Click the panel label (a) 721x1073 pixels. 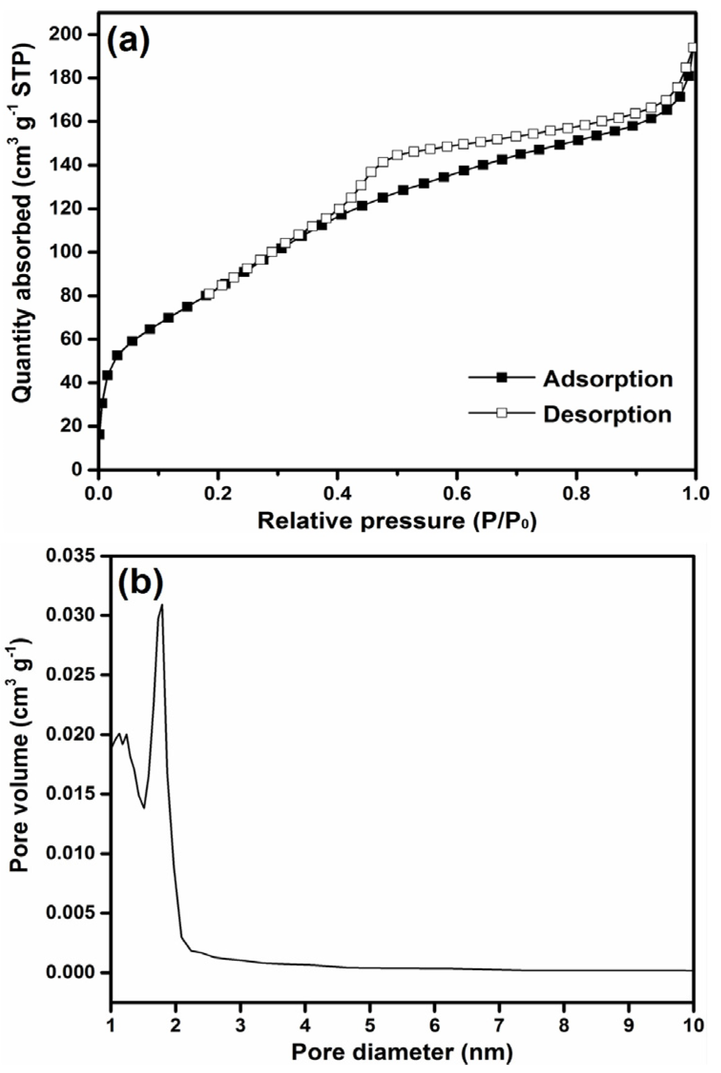[x=128, y=41]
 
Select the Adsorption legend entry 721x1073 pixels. [x=608, y=379]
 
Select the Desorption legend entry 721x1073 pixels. [x=607, y=414]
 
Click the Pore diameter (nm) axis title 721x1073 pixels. [x=402, y=1052]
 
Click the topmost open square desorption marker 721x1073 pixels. [x=692, y=48]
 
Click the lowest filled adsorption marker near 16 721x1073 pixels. [x=99, y=435]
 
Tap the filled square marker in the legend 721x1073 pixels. [x=501, y=378]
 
